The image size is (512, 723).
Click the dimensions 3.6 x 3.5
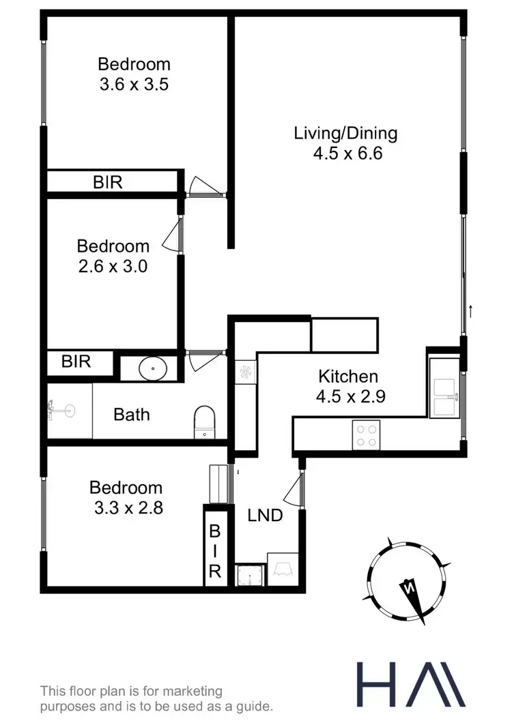[134, 85]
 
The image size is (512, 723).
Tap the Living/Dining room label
[345, 132]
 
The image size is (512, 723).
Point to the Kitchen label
[348, 377]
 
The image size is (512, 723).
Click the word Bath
[132, 414]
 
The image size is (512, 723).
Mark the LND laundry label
[265, 516]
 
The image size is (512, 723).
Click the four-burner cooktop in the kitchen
[366, 434]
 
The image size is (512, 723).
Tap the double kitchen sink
[445, 397]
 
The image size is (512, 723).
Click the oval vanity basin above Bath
[152, 368]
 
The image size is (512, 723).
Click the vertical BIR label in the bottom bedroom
[214, 550]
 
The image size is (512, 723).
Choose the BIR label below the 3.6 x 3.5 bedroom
[108, 182]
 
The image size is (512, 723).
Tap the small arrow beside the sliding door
[471, 312]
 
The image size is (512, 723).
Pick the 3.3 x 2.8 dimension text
[126, 507]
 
